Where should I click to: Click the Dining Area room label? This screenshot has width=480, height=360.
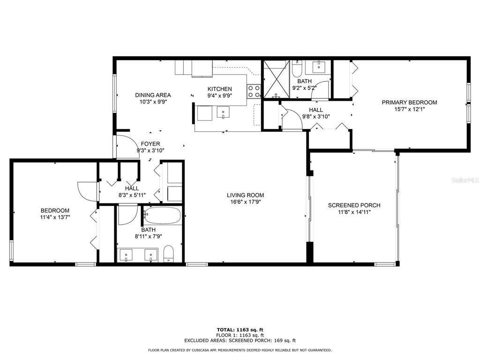pos(153,95)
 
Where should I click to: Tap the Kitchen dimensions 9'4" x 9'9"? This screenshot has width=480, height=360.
pos(220,96)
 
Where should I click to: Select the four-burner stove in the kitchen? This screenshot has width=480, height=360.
pos(254,91)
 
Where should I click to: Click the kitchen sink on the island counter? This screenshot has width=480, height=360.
pos(223,112)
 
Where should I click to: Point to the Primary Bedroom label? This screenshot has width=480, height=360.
pos(409,103)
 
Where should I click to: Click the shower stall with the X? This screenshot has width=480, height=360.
pos(277,79)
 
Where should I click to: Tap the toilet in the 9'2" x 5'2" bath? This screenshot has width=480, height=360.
pos(297,69)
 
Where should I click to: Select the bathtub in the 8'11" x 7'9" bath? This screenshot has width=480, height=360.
pos(162,216)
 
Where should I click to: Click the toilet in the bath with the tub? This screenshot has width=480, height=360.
pos(169,254)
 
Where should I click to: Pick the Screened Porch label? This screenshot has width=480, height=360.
pos(354,205)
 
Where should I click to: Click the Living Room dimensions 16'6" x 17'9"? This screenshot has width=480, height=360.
pos(245,202)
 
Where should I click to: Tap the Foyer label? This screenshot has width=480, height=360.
pos(150,144)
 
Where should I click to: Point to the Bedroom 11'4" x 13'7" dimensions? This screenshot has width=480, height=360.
pos(55,217)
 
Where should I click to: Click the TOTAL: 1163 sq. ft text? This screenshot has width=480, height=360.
pos(240,330)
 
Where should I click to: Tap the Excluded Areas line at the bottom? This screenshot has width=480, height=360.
pos(240,340)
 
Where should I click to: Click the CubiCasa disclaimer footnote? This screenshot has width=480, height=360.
pos(240,350)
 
